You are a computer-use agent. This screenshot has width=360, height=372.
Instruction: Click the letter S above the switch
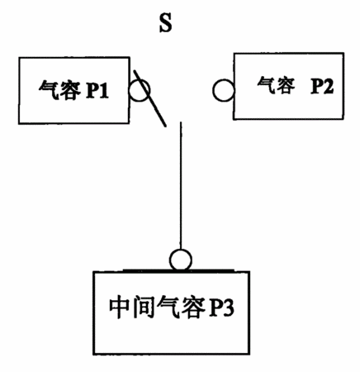coord(166,23)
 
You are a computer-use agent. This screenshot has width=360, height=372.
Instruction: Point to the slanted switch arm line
coord(149,98)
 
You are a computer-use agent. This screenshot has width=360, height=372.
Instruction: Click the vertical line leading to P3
coord(181,186)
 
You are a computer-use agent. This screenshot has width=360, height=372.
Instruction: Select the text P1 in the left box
coord(97,90)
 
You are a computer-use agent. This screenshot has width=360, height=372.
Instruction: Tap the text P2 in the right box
coord(322,85)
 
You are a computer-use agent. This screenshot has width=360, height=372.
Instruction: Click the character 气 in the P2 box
coord(266,85)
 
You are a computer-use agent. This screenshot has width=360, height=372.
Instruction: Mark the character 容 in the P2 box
coord(286,85)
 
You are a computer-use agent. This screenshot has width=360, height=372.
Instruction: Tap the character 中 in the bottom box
coord(119,308)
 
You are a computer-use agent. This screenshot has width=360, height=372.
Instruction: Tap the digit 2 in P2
coord(328,86)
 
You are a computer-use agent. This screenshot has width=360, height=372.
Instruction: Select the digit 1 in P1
coord(103,90)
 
